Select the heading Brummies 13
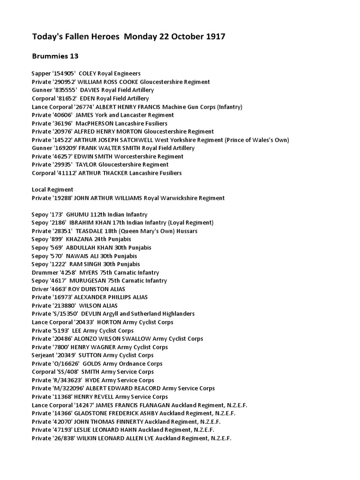pyautogui.click(x=55, y=56)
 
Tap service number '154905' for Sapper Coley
pyautogui.click(x=64, y=74)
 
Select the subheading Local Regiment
pyautogui.click(x=52, y=189)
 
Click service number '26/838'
pyautogui.click(x=65, y=438)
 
